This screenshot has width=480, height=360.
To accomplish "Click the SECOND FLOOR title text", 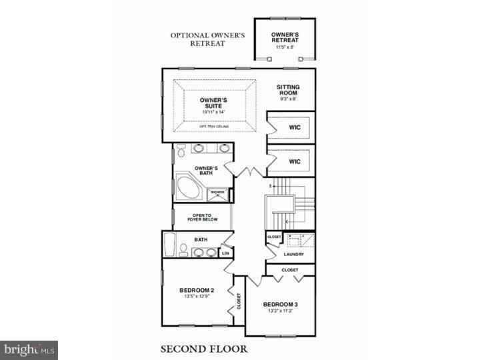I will (x=203, y=348).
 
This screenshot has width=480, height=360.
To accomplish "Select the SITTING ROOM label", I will (x=288, y=91).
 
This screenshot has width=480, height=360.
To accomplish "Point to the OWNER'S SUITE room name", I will (x=214, y=103).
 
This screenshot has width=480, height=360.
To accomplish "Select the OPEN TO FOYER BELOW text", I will (x=201, y=217).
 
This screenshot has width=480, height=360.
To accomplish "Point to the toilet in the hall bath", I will (x=183, y=249).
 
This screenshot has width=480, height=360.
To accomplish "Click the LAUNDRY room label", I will (x=293, y=254).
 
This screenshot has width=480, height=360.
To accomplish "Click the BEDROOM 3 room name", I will (x=280, y=304).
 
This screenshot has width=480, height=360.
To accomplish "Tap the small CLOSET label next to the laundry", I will (x=274, y=236).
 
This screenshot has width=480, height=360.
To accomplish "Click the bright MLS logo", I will (x=29, y=350).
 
